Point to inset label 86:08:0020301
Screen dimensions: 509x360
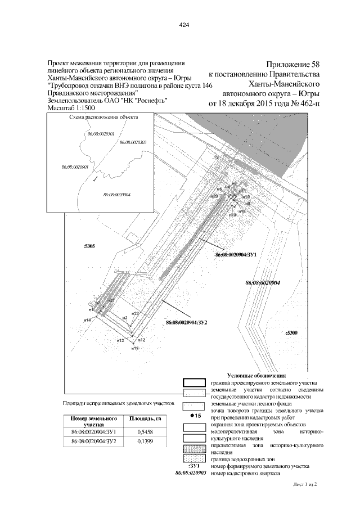(x=102, y=134)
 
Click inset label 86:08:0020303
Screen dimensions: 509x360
(x=133, y=143)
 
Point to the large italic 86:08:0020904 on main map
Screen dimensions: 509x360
(x=263, y=283)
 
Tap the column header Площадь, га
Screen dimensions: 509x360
(x=146, y=419)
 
